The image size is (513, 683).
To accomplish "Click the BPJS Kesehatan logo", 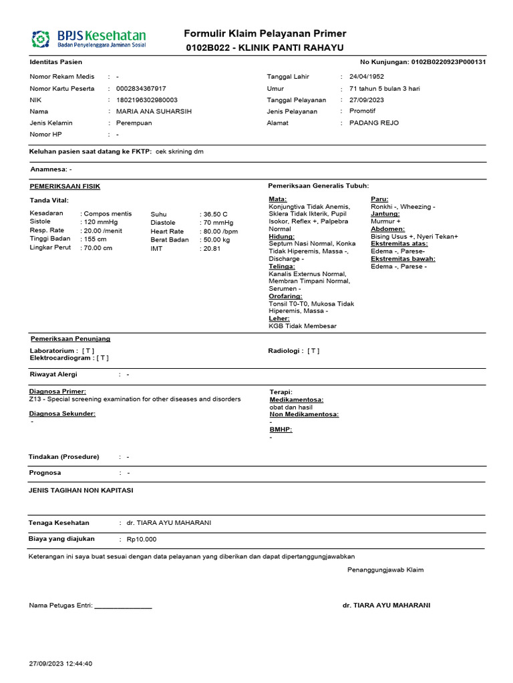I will [88, 39].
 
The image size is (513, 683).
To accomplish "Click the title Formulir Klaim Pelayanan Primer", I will [265, 34].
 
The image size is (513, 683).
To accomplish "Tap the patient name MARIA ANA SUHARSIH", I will [154, 111].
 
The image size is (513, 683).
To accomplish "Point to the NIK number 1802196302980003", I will [147, 100].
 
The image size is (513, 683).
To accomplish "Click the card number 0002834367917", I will [141, 88].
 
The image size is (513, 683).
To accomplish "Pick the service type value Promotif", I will [363, 111].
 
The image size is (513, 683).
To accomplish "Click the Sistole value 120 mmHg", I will [100, 222].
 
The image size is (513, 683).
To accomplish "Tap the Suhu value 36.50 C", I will [216, 213].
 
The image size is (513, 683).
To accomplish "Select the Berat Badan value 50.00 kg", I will [217, 239].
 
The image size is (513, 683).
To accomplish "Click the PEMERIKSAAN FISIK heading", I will [65, 186].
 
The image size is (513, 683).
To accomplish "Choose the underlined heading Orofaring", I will [285, 295].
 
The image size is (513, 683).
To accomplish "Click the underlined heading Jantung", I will [385, 214].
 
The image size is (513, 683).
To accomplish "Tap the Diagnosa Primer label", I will [57, 391].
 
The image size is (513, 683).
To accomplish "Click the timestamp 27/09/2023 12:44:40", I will [61, 664].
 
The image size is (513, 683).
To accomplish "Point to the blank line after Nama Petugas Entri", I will [124, 606].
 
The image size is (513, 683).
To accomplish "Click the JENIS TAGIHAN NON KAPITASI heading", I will [81, 490].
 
